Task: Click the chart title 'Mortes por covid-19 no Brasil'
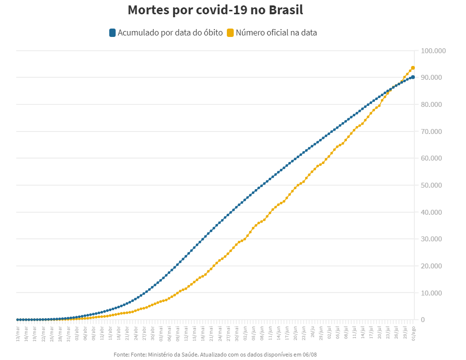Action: [215, 10]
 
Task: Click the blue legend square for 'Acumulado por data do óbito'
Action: [112, 33]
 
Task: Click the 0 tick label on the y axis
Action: [423, 320]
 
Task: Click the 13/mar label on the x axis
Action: [18, 332]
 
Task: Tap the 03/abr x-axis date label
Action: [77, 332]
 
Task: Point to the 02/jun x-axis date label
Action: [246, 332]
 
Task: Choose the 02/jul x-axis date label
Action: [329, 332]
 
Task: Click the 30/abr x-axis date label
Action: [153, 332]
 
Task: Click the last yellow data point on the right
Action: [413, 68]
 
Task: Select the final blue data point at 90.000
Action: [413, 77]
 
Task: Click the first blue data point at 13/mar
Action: [18, 320]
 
